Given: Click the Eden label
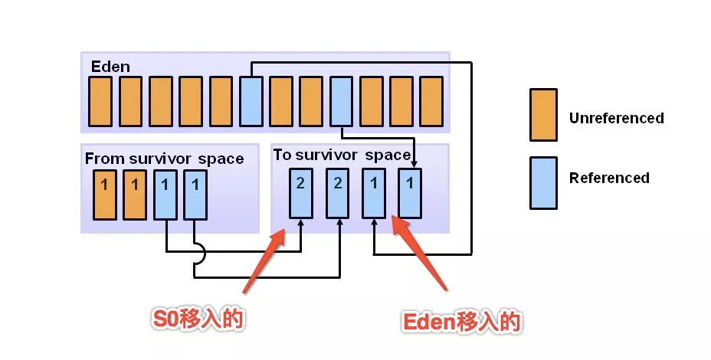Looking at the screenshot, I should (x=111, y=66).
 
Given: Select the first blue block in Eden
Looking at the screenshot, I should (x=251, y=101).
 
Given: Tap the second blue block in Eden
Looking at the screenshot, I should (x=342, y=101).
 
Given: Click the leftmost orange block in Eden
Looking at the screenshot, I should (x=100, y=101).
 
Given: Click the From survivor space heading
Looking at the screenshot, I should (x=164, y=159).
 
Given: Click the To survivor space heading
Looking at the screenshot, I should (x=342, y=155).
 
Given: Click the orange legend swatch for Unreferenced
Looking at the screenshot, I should (x=543, y=115).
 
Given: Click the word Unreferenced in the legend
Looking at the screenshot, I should (x=616, y=118).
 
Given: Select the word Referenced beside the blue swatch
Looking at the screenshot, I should (x=609, y=178).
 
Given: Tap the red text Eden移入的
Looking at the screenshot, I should (x=462, y=322).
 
